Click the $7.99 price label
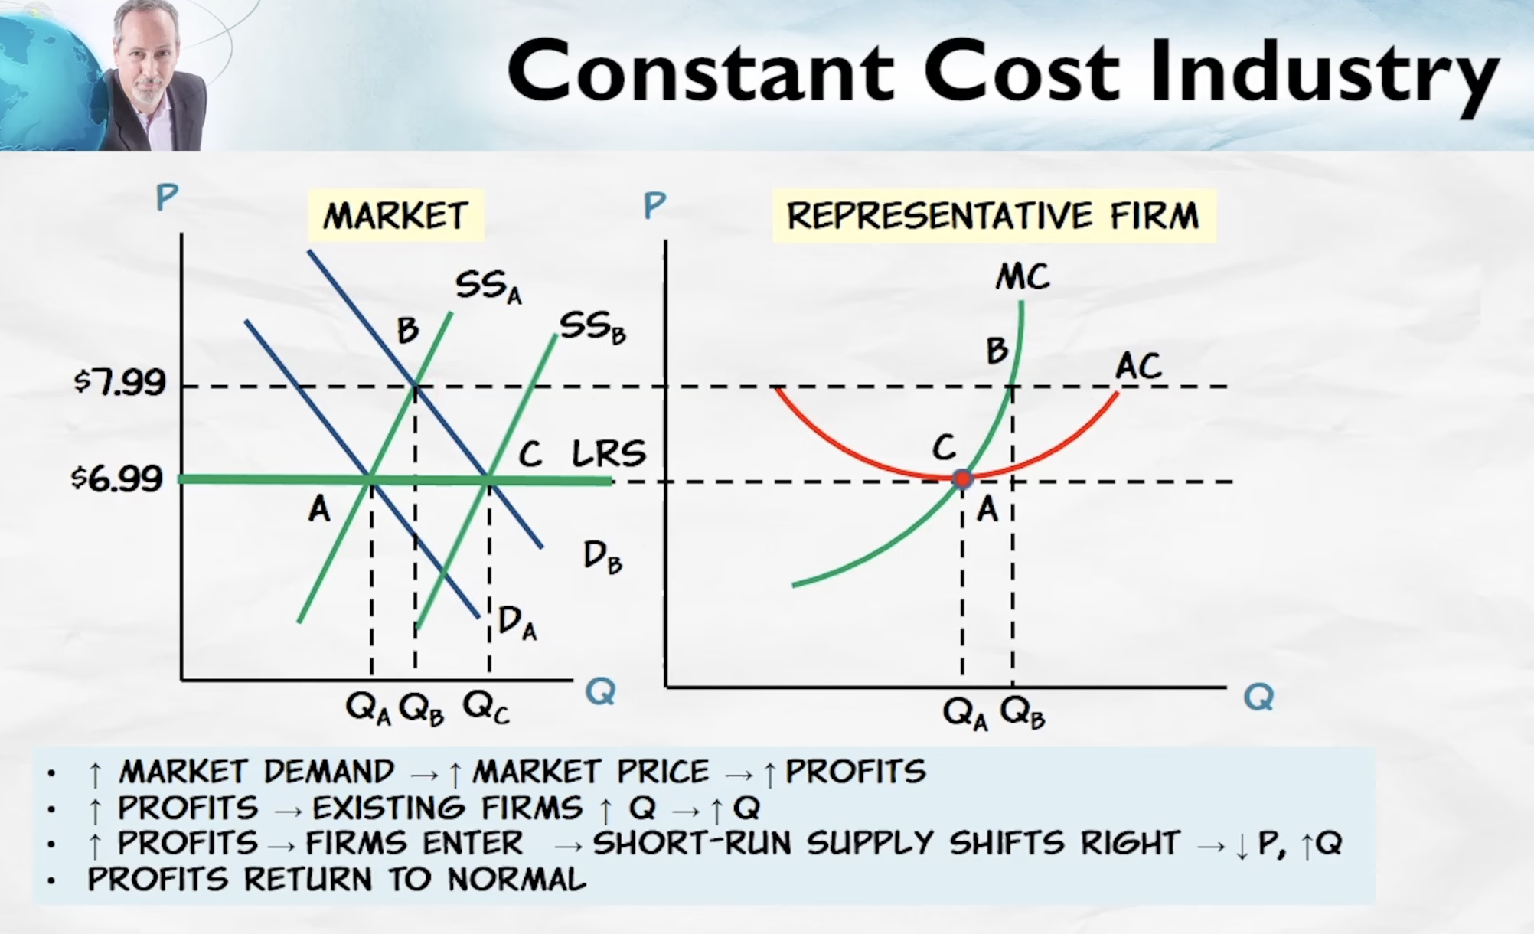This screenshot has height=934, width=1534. pyautogui.click(x=119, y=381)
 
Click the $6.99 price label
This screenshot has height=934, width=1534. pyautogui.click(x=117, y=478)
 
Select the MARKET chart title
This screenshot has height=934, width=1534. pyautogui.click(x=396, y=216)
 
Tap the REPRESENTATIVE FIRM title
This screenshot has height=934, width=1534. pyautogui.click(x=993, y=216)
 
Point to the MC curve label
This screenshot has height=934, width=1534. pyautogui.click(x=1023, y=276)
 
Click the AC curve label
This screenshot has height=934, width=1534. pyautogui.click(x=1138, y=366)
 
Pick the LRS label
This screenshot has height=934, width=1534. pyautogui.click(x=609, y=453)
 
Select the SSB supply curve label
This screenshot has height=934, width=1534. pyautogui.click(x=592, y=328)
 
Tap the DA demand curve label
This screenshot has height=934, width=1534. pyautogui.click(x=517, y=622)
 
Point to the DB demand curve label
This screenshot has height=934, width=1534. pyautogui.click(x=602, y=557)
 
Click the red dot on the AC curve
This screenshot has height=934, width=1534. pyautogui.click(x=962, y=479)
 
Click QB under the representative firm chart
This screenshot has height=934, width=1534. pyautogui.click(x=1023, y=713)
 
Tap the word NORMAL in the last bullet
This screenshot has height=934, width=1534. pyautogui.click(x=517, y=879)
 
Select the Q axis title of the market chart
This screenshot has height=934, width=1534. pyautogui.click(x=600, y=691)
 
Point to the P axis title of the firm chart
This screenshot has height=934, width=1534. pyautogui.click(x=654, y=205)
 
